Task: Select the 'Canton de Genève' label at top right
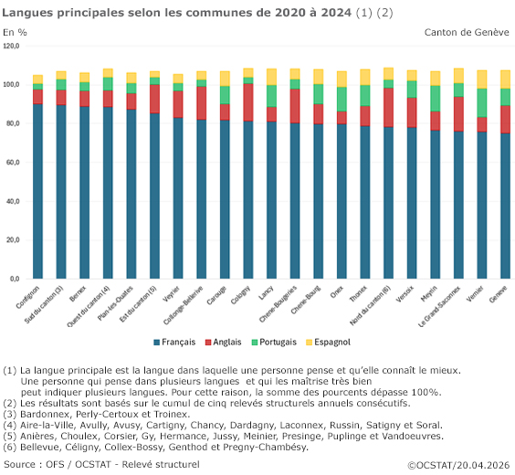(x=467, y=32)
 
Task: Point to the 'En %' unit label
(x=16, y=32)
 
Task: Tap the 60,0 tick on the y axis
(x=13, y=162)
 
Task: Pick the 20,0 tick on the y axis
(x=13, y=239)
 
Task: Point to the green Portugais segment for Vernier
(x=481, y=102)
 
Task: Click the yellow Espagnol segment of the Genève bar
(x=504, y=79)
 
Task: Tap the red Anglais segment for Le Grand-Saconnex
(x=457, y=113)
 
